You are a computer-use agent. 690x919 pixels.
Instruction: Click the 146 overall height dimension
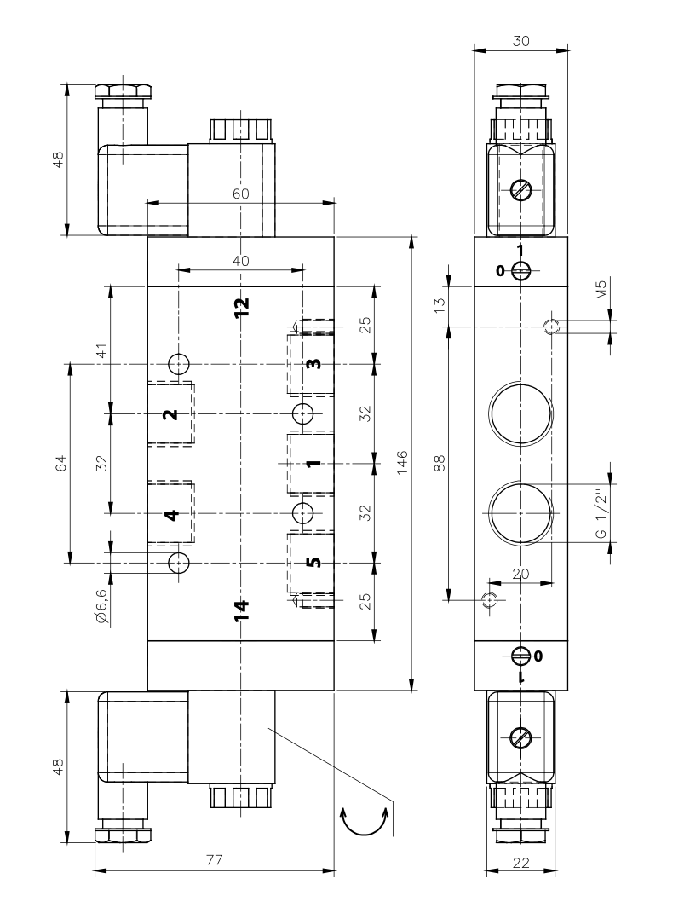tap(402, 463)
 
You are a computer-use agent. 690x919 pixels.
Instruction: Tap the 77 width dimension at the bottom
tap(215, 860)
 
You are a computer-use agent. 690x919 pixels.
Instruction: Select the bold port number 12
tap(241, 307)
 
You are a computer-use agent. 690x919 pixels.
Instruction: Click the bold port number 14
tap(241, 610)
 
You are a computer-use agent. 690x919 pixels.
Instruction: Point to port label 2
tap(170, 414)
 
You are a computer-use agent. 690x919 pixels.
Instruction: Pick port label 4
tap(171, 515)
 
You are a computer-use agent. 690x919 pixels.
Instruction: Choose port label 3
tap(314, 363)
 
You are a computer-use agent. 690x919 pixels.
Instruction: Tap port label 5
tap(314, 562)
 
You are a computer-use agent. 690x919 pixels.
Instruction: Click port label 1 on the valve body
tap(314, 463)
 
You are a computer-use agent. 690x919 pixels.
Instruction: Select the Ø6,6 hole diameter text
tap(101, 605)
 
